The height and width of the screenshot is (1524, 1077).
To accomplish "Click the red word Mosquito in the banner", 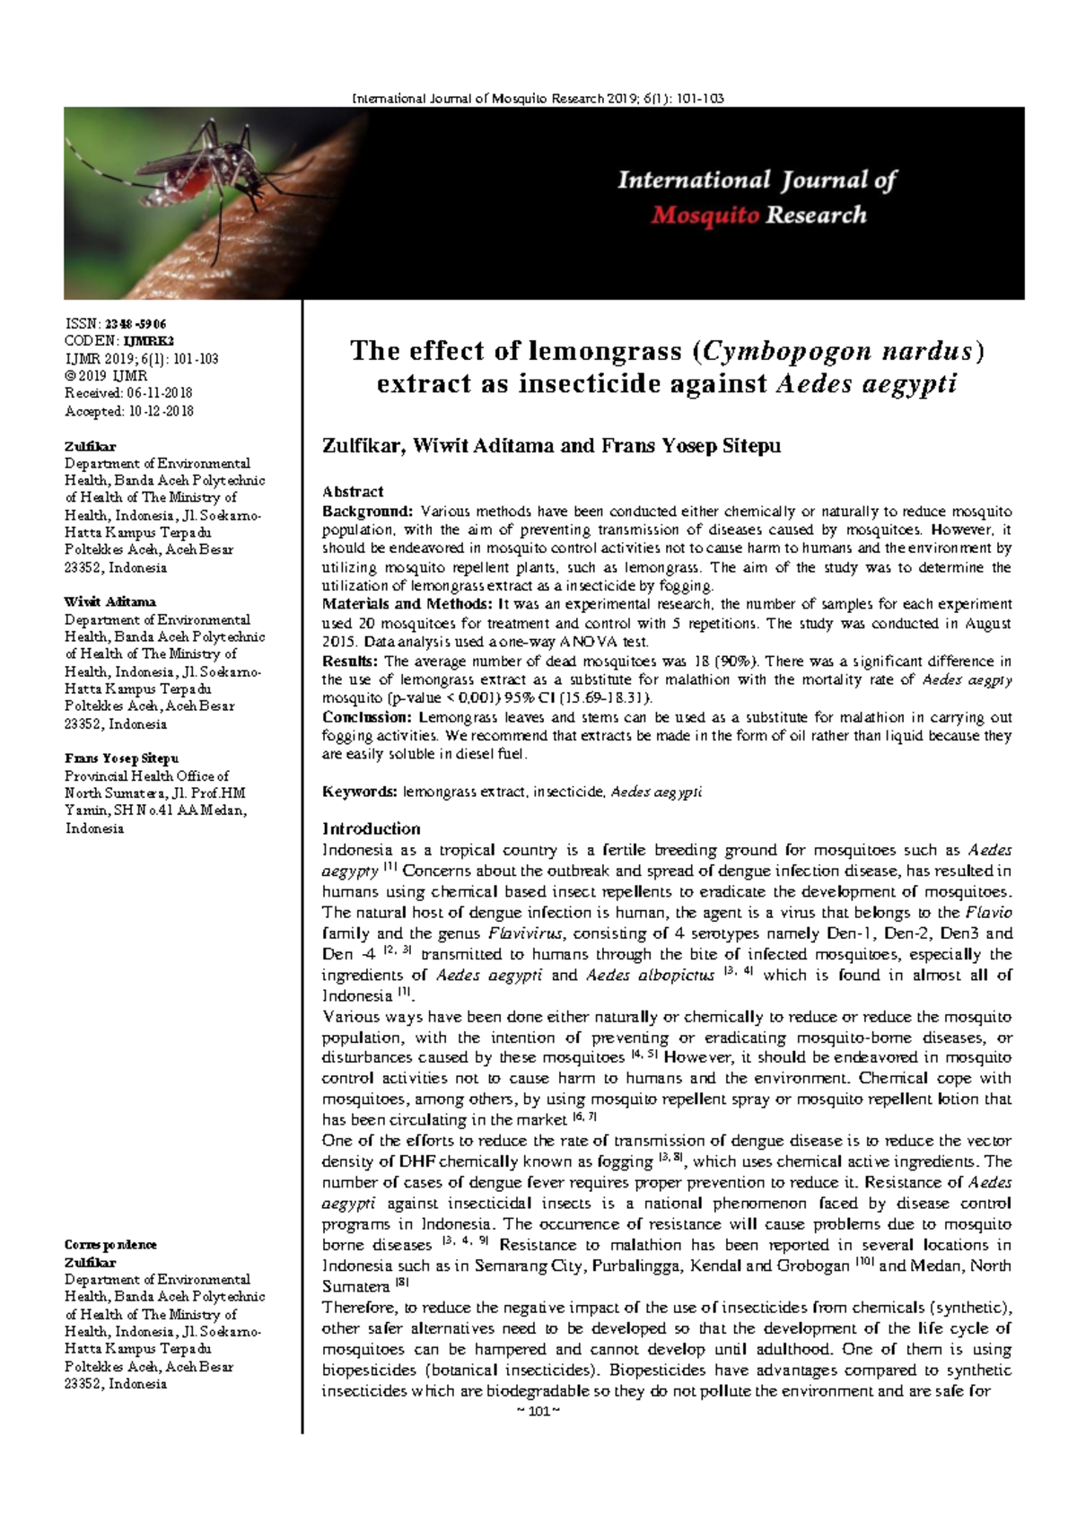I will click(x=705, y=215).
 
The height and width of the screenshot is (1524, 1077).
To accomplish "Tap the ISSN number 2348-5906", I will click(x=136, y=324).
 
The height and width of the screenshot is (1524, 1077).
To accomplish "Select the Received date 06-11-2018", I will click(x=159, y=393).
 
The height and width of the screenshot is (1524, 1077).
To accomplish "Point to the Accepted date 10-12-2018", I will click(x=161, y=411).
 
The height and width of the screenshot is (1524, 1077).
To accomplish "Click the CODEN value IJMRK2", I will click(x=148, y=341).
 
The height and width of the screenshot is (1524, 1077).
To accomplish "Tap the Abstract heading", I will click(x=352, y=492).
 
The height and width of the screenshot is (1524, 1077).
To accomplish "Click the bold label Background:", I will click(x=367, y=512).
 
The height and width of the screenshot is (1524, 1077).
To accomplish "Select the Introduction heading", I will click(x=371, y=828).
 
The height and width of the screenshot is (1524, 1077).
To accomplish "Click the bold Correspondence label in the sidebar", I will click(x=110, y=1245).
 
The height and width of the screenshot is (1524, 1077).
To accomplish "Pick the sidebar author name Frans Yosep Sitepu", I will click(x=121, y=758).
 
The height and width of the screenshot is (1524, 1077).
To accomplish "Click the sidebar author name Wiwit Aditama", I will click(x=109, y=602).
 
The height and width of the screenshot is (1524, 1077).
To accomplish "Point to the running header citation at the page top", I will click(x=538, y=99).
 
